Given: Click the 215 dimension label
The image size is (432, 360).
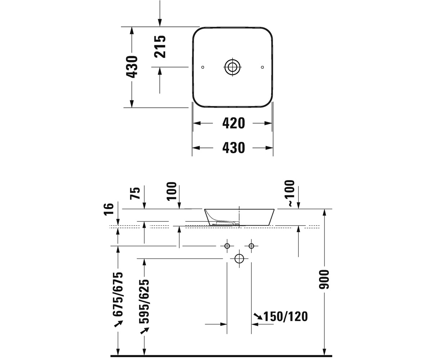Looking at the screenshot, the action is [x=160, y=46].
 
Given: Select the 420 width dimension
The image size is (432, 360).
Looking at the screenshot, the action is [x=234, y=123].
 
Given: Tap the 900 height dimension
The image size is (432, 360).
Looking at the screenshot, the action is [x=324, y=279].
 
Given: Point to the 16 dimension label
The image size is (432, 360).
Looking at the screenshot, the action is [x=109, y=210].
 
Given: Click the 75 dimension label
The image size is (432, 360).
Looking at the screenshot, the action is [x=135, y=193].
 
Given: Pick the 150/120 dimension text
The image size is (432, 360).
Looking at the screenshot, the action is [x=286, y=316].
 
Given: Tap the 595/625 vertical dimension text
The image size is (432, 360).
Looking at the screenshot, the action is [x=144, y=301].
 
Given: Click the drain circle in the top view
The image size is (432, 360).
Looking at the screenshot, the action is [x=233, y=67].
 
